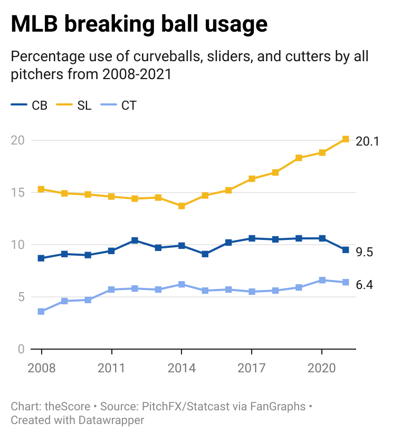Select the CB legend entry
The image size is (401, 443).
pos(31,105)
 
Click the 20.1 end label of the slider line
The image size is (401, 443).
pos(368,141)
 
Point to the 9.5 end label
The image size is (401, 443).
pos(365,253)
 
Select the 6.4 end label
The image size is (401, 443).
pos(365,285)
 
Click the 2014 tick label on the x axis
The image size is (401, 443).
pos(182,367)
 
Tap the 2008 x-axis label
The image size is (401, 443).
pos(41,367)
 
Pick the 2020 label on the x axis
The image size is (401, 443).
pos(322,367)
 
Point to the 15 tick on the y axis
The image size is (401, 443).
pos(17,192)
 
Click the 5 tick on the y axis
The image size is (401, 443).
pos(21,297)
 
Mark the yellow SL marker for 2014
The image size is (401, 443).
pos(182,206)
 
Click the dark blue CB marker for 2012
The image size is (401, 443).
pos(135,240)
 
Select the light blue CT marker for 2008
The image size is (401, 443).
pos(41,311)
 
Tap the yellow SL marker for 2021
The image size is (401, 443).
pos(345,139)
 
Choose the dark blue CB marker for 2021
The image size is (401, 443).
pos(345,250)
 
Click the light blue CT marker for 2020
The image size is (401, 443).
pos(322,280)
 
